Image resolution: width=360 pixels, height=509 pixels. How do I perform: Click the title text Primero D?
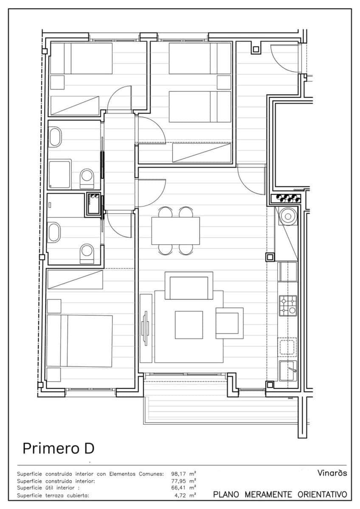coord(59,448)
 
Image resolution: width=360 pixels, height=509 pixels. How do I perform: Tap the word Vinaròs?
coord(332,473)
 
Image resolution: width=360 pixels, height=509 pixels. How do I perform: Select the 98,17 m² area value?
coord(183,474)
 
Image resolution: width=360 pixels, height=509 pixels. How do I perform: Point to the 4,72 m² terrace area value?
coord(185,495)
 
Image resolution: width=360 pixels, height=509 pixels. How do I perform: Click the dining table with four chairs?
coord(176,231)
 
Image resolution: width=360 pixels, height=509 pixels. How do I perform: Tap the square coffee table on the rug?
coord(189,325)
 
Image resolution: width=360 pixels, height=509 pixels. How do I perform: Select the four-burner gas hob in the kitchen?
coord(288,306)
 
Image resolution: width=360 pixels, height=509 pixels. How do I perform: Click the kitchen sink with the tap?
coord(288,371)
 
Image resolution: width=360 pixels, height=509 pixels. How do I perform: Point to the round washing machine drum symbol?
coord(288,216)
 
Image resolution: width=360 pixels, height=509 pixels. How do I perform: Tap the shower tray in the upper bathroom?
coord(59,174)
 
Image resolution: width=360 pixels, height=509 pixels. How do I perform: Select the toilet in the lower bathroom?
coord(87,254)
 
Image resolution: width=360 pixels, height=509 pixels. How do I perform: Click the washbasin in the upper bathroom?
coord(56,137)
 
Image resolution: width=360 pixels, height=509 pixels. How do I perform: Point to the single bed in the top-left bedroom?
coord(81,59)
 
